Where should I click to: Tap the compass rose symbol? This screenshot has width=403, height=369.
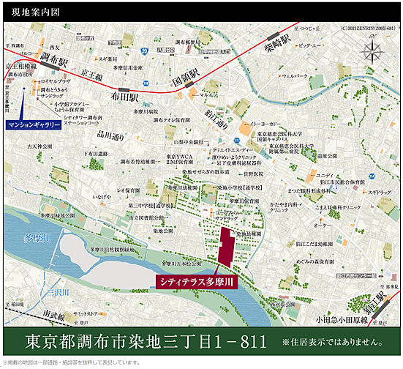point(373,53)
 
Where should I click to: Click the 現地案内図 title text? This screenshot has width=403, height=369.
point(29,12)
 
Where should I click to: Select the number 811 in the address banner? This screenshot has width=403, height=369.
point(236,342)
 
